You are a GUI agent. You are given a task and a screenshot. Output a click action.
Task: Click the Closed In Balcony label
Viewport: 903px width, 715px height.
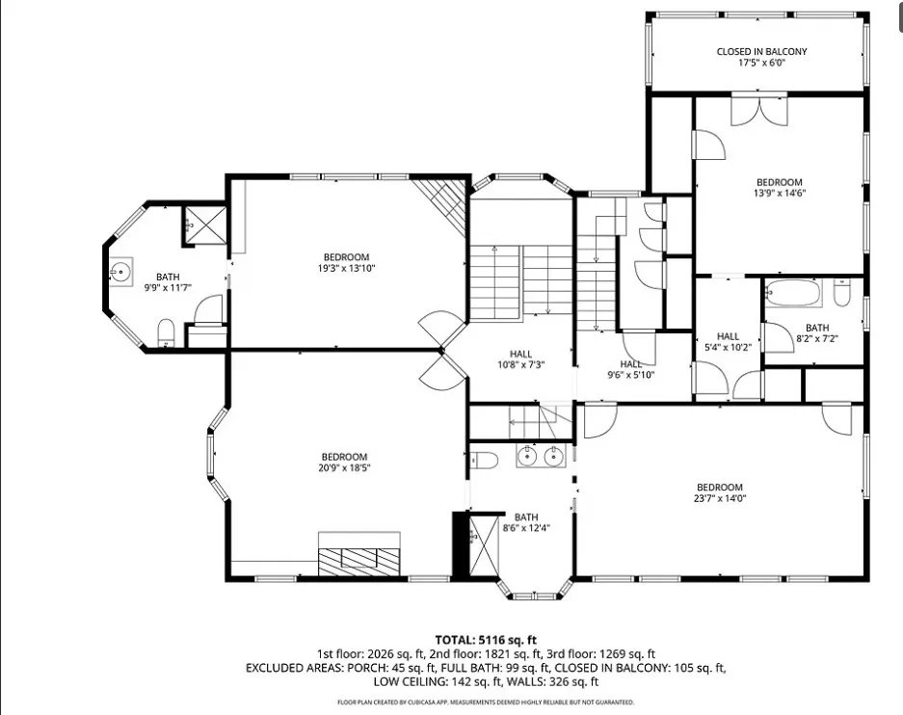(x=761, y=57)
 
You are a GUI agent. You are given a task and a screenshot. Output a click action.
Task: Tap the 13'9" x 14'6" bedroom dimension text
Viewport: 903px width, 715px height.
(x=780, y=194)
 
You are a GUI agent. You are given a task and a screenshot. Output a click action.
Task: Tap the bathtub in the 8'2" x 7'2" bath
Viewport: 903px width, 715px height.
(x=793, y=293)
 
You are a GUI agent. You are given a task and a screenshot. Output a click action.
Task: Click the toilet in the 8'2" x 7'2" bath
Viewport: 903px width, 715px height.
(x=841, y=292)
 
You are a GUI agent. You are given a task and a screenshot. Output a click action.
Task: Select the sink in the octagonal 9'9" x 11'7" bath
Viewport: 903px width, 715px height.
(x=120, y=271)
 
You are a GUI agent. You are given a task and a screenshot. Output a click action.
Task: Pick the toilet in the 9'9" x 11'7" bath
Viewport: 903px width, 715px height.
(x=166, y=332)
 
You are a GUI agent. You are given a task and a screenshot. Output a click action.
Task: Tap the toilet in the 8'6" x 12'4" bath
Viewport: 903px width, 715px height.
(x=484, y=461)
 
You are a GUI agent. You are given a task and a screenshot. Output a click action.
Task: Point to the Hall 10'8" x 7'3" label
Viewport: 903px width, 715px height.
(x=520, y=359)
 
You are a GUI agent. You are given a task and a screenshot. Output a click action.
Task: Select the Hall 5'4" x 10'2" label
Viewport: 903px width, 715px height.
(x=728, y=342)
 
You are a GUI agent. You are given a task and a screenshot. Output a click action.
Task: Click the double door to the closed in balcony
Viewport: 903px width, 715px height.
(x=759, y=111)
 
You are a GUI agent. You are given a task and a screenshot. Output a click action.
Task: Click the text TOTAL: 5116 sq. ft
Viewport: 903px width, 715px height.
(x=486, y=640)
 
